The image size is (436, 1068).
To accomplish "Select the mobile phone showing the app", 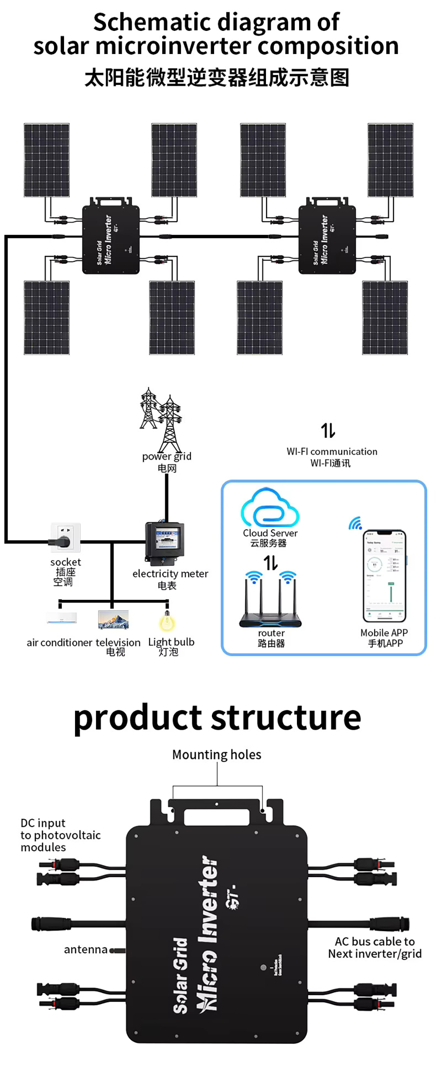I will point(384,575).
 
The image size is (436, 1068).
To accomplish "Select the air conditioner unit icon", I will point(62,618).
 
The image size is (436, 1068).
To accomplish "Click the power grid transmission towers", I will point(161,420).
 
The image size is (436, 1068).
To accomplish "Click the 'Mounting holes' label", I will point(217,754).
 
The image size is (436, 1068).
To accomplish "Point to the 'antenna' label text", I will point(85,950).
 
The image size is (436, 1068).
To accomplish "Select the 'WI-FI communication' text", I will point(332,452).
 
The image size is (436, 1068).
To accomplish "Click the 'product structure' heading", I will point(217,718).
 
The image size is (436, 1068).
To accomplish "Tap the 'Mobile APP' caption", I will point(384,633).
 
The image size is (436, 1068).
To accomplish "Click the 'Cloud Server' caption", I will point(270,533).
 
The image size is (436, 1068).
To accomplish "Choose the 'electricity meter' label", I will point(170,574).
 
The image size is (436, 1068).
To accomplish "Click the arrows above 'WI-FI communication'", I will point(328,430).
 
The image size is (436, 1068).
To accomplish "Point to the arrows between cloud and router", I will point(270,562).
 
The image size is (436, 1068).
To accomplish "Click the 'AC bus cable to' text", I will point(375,942).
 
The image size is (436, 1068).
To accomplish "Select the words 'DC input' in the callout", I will point(43,823).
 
